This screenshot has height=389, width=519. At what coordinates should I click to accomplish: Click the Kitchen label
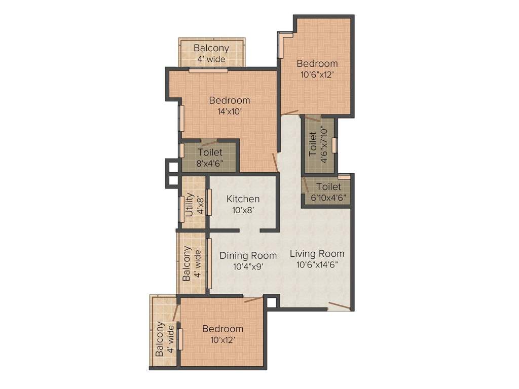(x=243, y=199)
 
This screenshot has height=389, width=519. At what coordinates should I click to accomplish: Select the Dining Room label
(x=248, y=255)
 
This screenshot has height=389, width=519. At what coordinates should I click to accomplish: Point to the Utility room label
(x=189, y=204)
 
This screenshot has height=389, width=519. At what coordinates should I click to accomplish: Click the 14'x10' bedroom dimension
(x=229, y=112)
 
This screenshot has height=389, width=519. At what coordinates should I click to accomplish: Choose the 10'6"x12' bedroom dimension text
(x=317, y=74)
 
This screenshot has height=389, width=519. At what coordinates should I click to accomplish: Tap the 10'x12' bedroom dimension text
(x=223, y=340)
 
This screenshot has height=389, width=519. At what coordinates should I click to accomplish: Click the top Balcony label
(x=211, y=48)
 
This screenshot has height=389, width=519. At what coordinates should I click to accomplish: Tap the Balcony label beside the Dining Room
(x=187, y=263)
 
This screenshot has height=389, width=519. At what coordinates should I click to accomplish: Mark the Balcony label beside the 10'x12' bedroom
(x=160, y=339)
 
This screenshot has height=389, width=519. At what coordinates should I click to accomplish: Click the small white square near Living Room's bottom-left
(x=272, y=302)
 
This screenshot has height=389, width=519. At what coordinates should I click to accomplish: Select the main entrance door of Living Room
(x=338, y=306)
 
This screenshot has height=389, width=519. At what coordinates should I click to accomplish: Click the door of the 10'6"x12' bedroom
(x=290, y=112)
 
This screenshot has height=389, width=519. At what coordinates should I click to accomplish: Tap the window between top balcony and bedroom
(x=208, y=70)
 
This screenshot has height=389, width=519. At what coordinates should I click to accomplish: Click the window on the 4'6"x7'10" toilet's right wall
(x=335, y=144)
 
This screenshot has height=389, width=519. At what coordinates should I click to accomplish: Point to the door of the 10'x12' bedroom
(x=253, y=300)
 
